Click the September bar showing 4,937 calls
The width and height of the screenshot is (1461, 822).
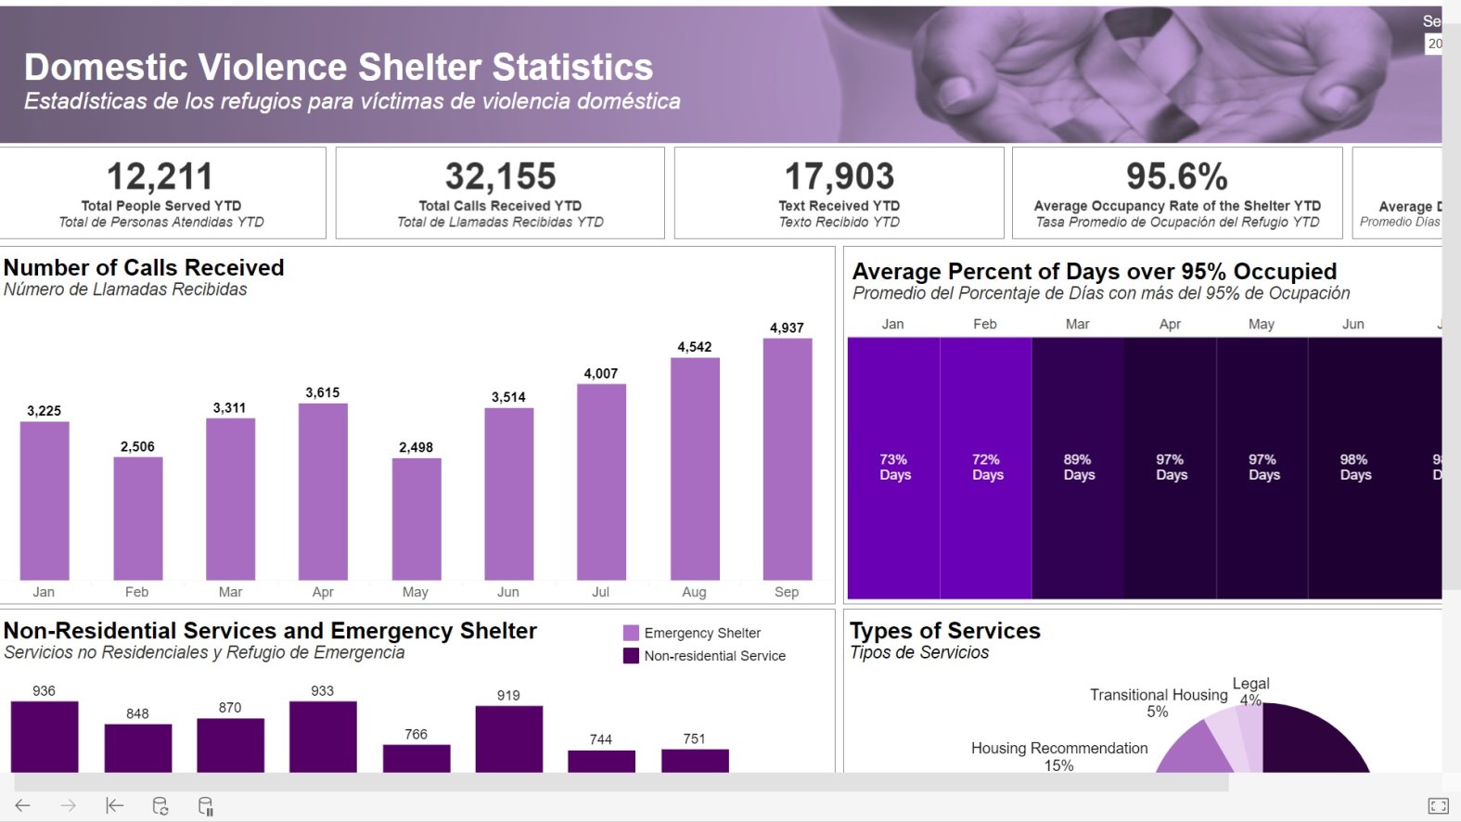(x=787, y=459)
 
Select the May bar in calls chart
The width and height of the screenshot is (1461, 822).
(x=416, y=520)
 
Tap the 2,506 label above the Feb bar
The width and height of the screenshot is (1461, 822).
(x=137, y=446)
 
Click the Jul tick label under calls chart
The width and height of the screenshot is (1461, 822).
(x=600, y=592)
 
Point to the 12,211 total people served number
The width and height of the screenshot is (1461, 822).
(x=160, y=176)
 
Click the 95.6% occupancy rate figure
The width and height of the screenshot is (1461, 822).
(x=1176, y=176)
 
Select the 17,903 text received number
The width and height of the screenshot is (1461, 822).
(x=839, y=176)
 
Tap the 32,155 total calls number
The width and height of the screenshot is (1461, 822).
(x=500, y=176)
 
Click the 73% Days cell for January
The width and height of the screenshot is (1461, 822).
(x=894, y=467)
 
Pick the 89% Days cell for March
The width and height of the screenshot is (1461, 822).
(x=1078, y=467)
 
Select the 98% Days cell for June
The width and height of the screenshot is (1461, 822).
(x=1354, y=467)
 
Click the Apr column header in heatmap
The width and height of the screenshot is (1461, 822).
(x=1170, y=324)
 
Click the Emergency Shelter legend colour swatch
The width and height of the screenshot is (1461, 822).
(x=631, y=633)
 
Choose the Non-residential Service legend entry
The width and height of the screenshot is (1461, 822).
(x=714, y=656)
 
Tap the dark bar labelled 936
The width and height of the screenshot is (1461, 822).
(x=45, y=737)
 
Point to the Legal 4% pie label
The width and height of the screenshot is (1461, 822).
(x=1250, y=691)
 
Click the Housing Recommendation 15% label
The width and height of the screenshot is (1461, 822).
(x=1058, y=756)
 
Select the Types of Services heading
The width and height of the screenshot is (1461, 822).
(x=944, y=631)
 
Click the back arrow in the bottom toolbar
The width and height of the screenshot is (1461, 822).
(x=23, y=805)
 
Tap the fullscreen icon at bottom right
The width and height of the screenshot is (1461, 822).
(x=1438, y=805)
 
